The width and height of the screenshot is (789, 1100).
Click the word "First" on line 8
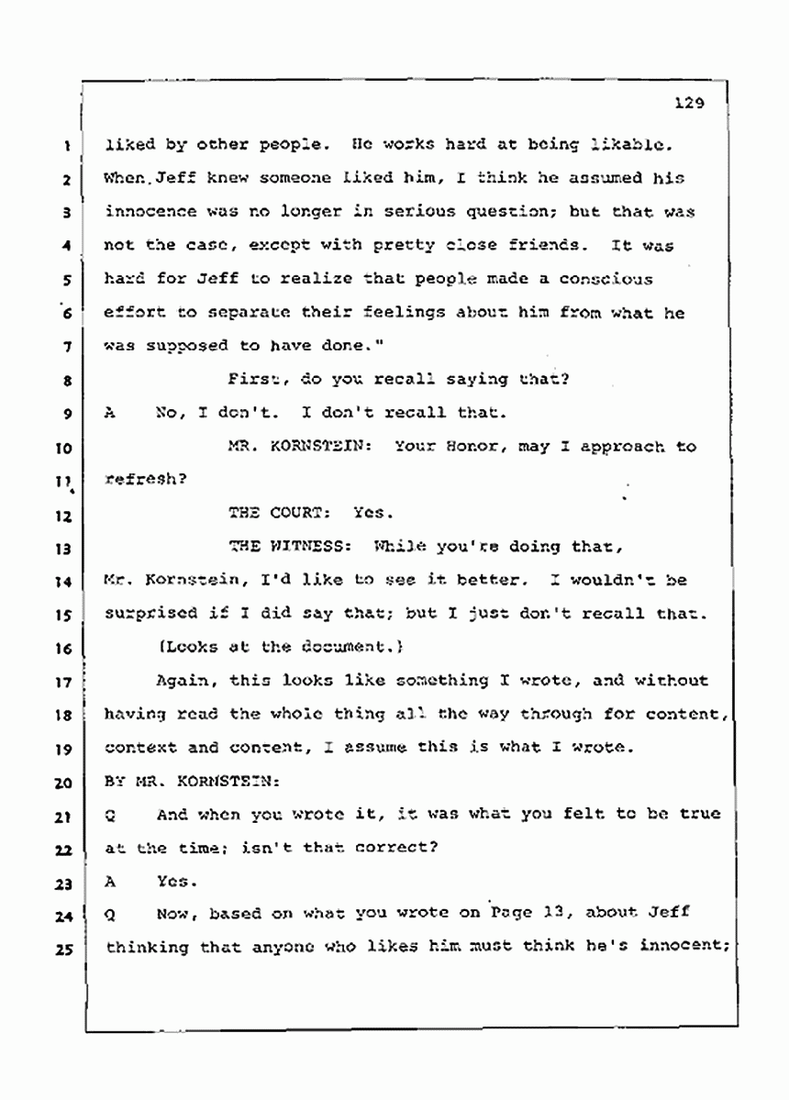(250, 380)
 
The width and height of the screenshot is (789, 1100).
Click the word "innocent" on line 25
(683, 947)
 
